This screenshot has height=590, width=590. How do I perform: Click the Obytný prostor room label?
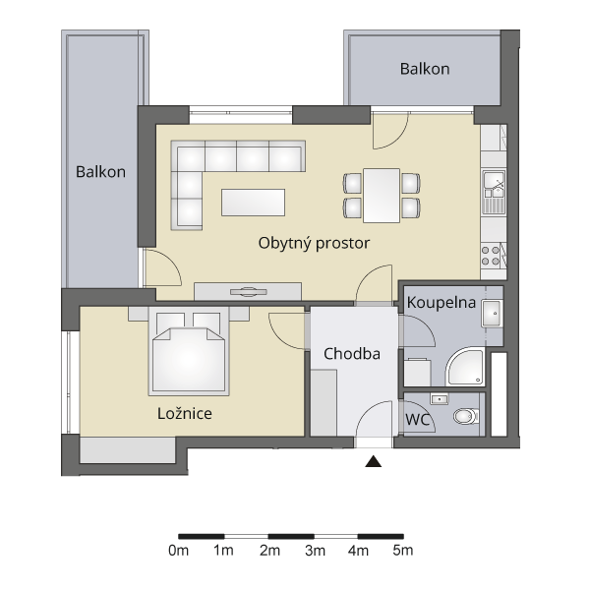coord(314,244)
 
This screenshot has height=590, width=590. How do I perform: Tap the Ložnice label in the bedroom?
coord(185,414)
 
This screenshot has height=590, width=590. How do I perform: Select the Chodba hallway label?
coord(352,354)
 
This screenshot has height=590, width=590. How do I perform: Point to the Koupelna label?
coord(441,303)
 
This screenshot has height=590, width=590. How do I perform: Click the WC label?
coord(417,419)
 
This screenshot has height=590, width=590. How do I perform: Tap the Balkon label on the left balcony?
coord(100,172)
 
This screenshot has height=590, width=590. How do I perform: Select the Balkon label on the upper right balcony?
coord(425,69)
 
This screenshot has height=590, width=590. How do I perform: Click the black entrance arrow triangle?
coord(374,461)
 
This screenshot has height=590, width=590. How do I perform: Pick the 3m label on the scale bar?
coord(315,551)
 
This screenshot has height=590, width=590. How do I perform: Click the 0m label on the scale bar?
coord(178,551)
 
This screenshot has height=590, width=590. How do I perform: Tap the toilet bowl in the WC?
coord(466,416)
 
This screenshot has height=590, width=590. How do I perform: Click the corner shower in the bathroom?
coord(465,367)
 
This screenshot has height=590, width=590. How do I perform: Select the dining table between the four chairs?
coord(382,196)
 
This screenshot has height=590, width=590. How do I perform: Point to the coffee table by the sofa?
coord(253,203)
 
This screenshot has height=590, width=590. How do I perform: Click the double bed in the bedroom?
coord(189,351)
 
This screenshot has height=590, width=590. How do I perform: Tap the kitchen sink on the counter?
coord(494,193)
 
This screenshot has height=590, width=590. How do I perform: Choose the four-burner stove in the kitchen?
coord(491,256)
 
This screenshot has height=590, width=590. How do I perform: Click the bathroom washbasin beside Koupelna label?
coord(492,313)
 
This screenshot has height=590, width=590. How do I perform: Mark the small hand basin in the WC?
coord(440,399)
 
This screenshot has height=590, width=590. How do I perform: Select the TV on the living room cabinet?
coord(249,292)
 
